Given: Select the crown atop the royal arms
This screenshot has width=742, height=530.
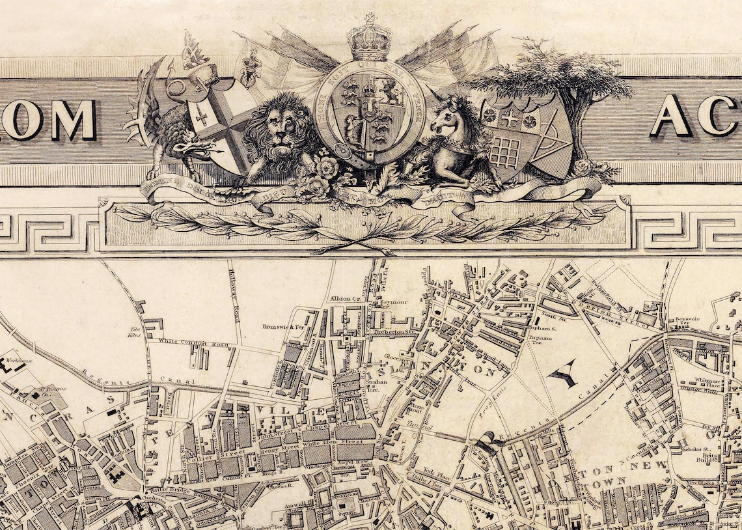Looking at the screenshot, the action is pyautogui.click(x=370, y=39).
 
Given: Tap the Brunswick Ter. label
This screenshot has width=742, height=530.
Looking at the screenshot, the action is pyautogui.click(x=283, y=327).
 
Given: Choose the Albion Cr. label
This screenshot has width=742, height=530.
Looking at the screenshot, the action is pyautogui.click(x=345, y=299).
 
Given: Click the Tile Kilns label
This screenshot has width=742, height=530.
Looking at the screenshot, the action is pyautogui.click(x=135, y=332).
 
